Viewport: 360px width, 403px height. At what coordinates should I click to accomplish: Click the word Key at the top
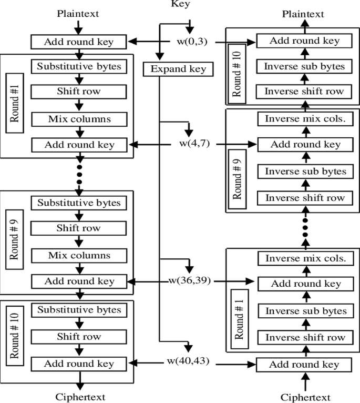[180, 4]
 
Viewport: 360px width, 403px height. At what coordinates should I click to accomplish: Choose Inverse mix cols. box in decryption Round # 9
[305, 119]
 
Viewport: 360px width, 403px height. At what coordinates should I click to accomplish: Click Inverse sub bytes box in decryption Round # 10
[305, 66]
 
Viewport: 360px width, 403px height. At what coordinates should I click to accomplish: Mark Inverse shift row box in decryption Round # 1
[305, 337]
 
